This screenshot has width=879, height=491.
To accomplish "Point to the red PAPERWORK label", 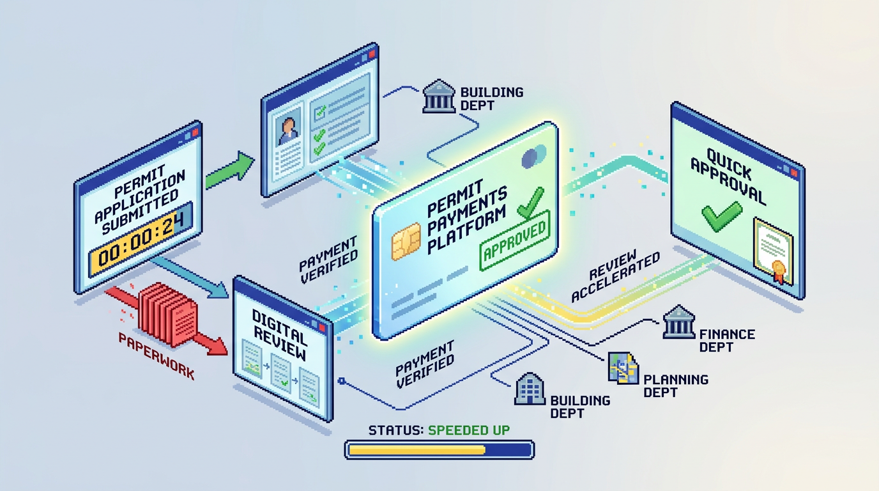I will click(x=157, y=355).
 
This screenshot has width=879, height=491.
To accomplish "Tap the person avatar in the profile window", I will click(x=288, y=129).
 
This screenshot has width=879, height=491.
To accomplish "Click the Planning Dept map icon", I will click(x=623, y=367).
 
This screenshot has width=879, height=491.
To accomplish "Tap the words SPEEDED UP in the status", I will click(x=469, y=430).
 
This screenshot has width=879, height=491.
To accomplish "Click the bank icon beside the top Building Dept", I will click(x=439, y=97).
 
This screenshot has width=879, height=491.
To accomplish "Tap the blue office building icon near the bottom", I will click(x=530, y=389).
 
